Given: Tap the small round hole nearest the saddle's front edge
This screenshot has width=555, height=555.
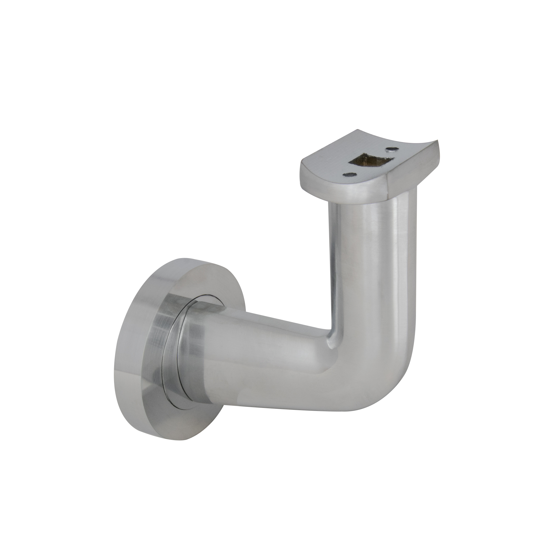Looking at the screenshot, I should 350,174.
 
